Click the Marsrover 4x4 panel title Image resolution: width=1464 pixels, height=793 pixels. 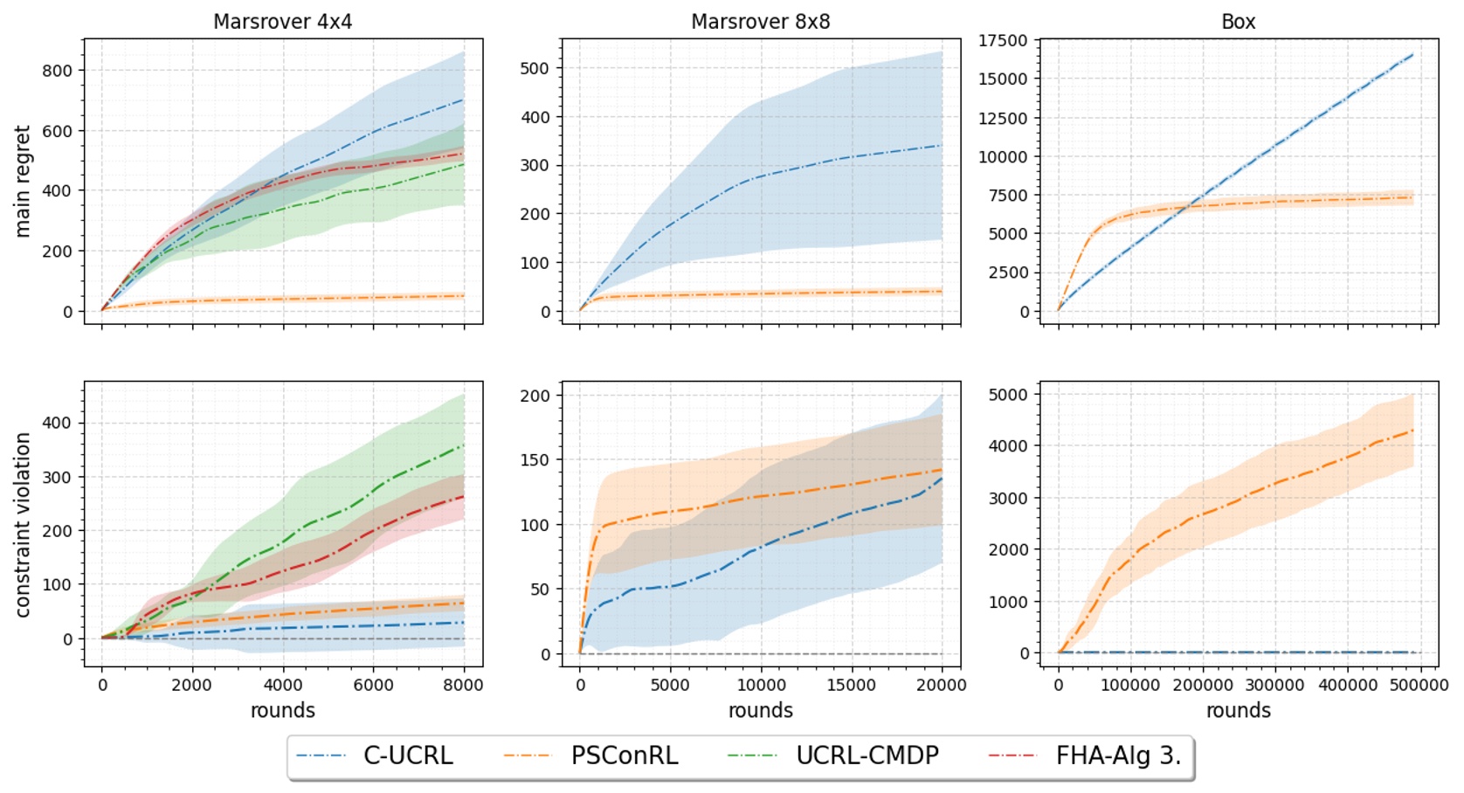(282, 22)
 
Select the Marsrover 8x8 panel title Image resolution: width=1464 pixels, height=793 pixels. (760, 22)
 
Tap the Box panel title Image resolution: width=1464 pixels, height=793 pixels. (1238, 22)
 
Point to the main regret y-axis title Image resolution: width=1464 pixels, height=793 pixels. (23, 181)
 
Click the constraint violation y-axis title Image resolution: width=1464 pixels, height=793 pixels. (23, 525)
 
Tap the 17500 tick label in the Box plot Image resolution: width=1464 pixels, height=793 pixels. (1003, 40)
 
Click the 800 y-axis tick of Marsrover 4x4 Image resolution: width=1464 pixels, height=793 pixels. (58, 71)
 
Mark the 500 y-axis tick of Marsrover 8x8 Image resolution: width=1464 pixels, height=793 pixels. (535, 68)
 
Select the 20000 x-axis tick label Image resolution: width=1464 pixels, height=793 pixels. (941, 686)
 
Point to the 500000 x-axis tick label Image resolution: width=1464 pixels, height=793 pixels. (1419, 686)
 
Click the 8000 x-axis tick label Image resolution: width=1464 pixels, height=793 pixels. (463, 686)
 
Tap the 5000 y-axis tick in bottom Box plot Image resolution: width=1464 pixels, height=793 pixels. (1008, 395)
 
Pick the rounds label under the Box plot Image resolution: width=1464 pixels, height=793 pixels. (1238, 711)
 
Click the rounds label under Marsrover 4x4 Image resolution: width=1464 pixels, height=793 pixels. (282, 711)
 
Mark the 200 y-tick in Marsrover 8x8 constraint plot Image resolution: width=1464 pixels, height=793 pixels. (535, 396)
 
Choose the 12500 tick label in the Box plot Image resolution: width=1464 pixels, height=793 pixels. (1003, 118)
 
